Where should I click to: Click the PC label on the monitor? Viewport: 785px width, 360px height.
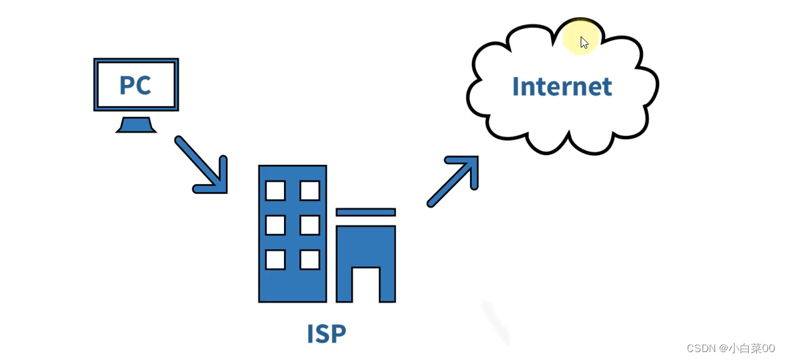pos(135,85)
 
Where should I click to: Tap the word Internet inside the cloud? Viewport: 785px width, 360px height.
pos(562,86)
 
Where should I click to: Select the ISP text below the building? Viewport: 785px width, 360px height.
pos(326,334)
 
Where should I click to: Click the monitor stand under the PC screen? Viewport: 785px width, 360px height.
pos(136,125)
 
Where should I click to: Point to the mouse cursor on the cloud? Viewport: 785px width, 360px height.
pos(584,42)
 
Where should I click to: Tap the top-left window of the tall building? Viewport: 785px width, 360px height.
pos(275,190)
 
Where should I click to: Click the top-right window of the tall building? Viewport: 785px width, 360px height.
pos(309,190)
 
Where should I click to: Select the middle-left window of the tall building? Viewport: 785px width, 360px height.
pos(275,225)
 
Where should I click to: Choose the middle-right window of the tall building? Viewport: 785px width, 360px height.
pos(309,225)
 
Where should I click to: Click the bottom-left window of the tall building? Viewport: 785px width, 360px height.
pos(275,259)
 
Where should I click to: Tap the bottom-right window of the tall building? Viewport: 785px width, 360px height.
pos(309,259)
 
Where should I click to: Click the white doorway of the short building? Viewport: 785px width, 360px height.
pos(366,284)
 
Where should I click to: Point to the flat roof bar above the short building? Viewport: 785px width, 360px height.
pos(366,212)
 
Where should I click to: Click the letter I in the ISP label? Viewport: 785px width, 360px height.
pos(310,334)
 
